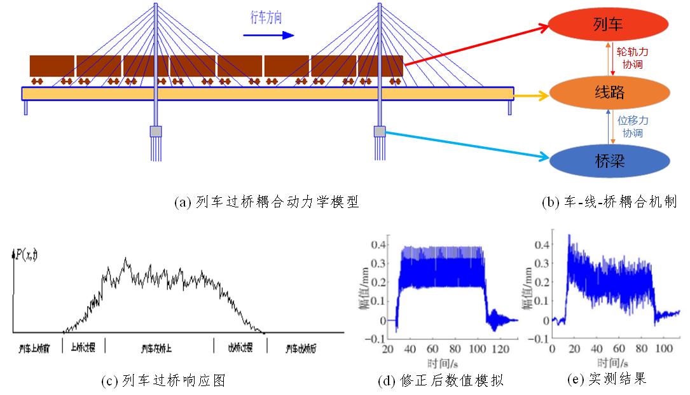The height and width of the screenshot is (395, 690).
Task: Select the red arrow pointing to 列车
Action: pyautogui.click(x=476, y=45)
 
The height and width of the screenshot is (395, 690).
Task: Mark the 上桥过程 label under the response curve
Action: pyautogui.click(x=83, y=348)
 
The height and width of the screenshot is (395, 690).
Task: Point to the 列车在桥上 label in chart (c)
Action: pyautogui.click(x=159, y=349)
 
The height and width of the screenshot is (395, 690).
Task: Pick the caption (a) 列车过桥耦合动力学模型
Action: pyautogui.click(x=266, y=203)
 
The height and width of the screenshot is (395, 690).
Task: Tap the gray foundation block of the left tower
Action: pyautogui.click(x=156, y=132)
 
